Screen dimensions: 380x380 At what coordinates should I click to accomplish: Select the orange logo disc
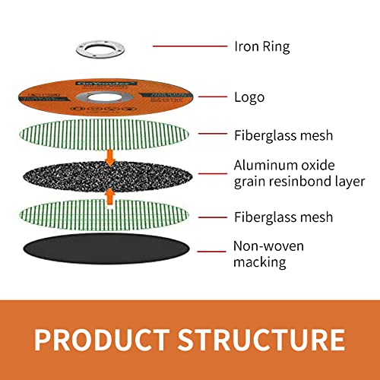46,97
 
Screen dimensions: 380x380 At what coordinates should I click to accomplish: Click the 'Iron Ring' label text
262,47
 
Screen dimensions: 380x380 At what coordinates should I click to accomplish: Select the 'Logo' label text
249,97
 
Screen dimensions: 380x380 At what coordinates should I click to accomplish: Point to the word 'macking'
261,262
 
